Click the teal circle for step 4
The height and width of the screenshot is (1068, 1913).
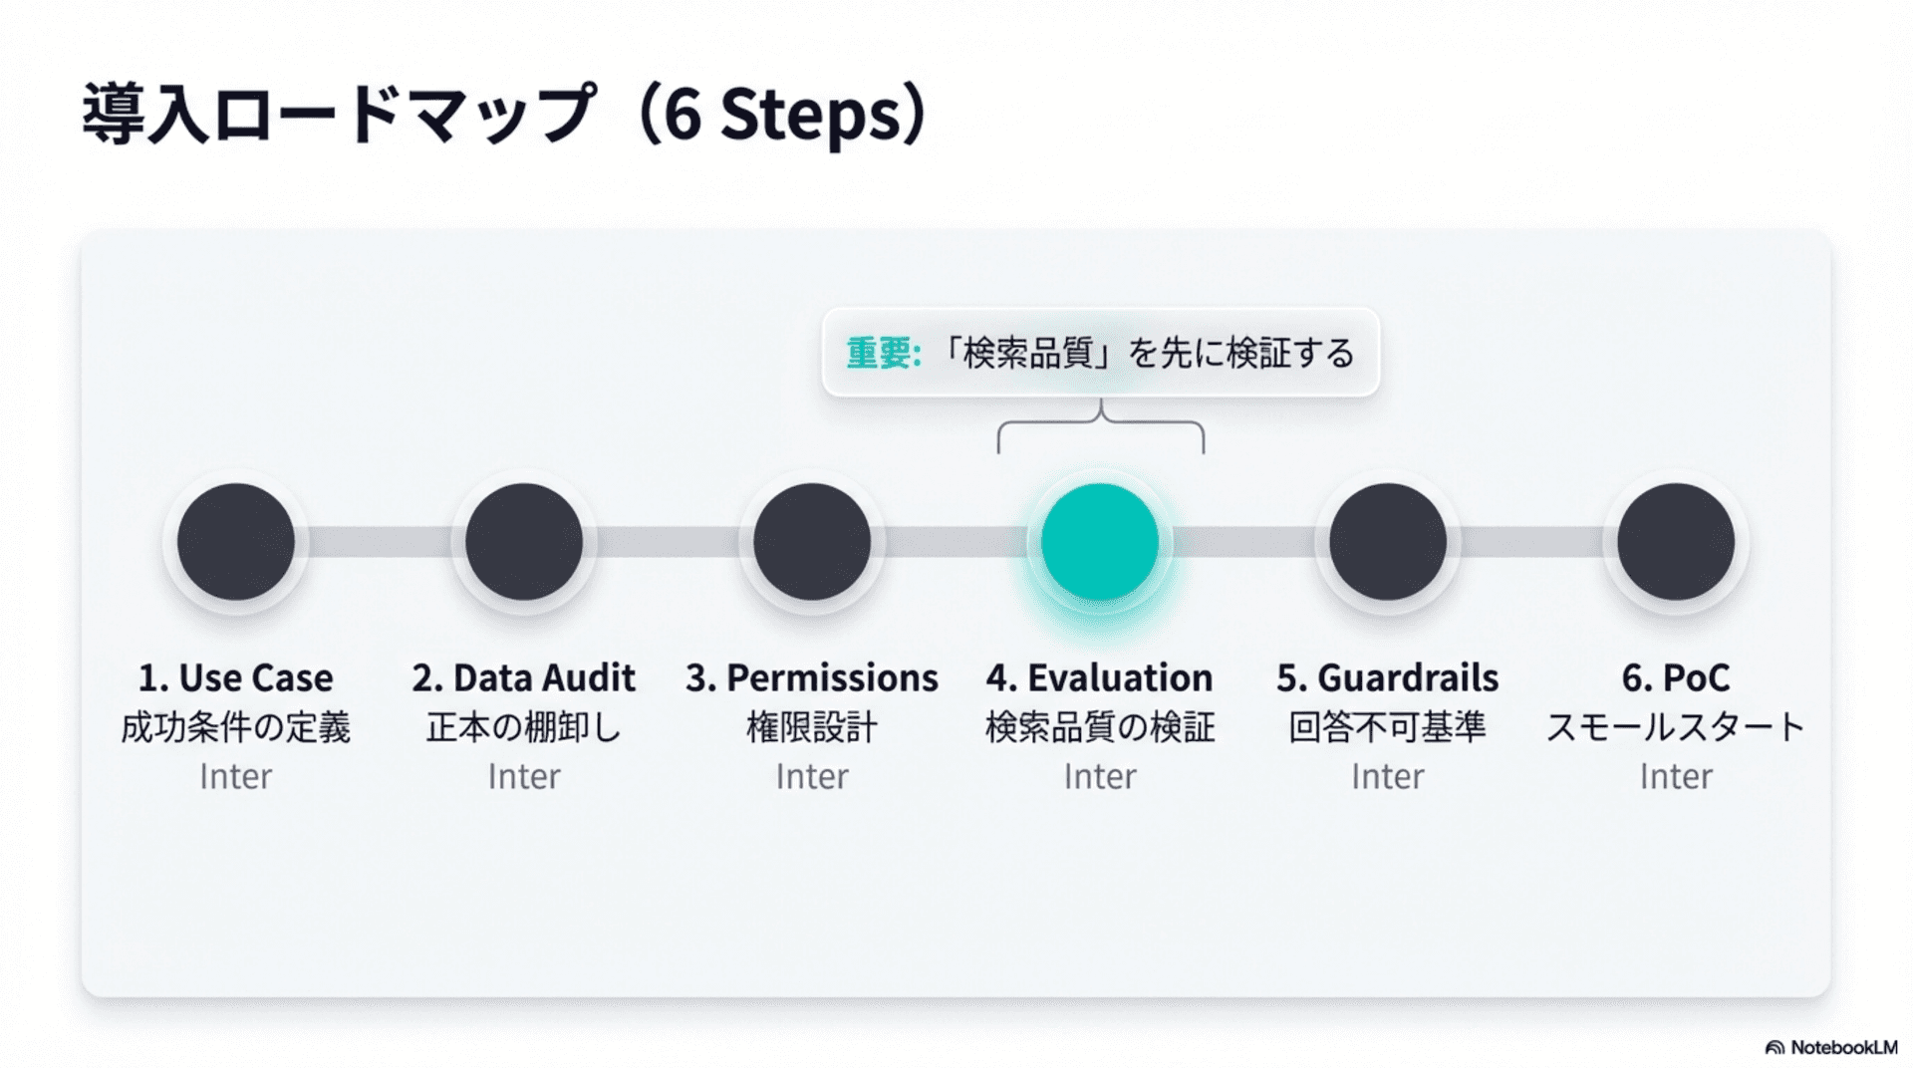coord(1100,542)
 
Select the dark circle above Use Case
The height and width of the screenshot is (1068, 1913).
coord(236,542)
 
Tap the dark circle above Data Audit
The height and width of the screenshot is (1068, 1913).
coord(524,542)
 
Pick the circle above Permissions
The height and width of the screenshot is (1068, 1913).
coord(812,542)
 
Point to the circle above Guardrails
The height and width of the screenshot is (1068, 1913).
coord(1388,542)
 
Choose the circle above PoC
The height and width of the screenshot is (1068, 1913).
coord(1676,542)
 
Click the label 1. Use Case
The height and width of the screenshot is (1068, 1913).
coord(236,678)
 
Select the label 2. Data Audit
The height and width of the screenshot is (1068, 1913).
coord(524,678)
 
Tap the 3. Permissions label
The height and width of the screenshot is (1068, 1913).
coord(812,678)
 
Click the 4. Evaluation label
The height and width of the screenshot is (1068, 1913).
coord(1100,678)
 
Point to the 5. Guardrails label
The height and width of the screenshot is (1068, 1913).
coord(1388,678)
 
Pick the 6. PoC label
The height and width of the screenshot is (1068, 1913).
coord(1676,678)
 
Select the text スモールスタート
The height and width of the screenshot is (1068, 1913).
coord(1676,727)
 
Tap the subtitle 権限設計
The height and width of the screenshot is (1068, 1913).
coord(812,727)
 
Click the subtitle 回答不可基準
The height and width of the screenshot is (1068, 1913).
coord(1388,727)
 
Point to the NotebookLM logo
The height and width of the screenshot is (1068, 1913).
coord(1831,1047)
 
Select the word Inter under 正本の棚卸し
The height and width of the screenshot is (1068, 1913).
coord(524,776)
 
